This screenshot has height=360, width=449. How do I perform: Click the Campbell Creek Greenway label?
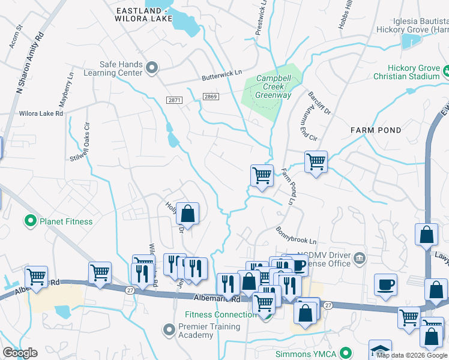[273, 86]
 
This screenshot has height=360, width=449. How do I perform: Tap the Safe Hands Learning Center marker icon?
[152, 68]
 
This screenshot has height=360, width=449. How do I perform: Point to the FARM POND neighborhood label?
[376, 130]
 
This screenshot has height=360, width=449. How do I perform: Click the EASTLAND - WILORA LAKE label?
[141, 14]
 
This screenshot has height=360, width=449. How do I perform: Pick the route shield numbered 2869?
[209, 96]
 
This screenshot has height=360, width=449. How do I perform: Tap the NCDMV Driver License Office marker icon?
[360, 258]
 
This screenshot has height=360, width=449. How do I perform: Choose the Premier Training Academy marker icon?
[169, 330]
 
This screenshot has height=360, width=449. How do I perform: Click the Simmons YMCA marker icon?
[345, 353]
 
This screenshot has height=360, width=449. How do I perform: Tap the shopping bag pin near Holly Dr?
[187, 214]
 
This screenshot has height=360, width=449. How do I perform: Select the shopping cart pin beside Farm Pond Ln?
[262, 176]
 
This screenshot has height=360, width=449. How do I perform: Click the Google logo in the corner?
[20, 353]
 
